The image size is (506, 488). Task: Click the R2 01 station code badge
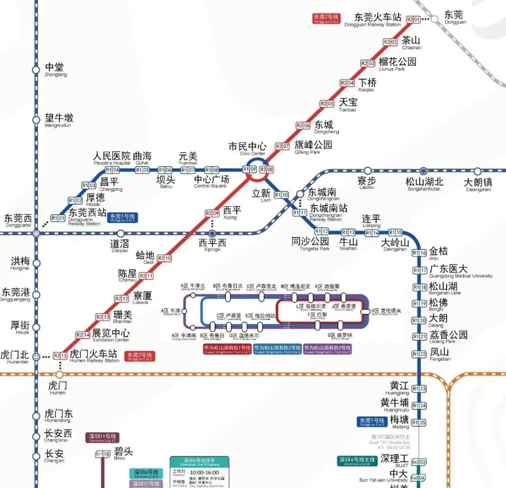413,19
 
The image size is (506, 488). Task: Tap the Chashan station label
411,43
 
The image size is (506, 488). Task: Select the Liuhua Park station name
397,64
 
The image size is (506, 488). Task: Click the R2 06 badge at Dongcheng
303,125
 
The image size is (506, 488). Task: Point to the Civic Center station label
247,149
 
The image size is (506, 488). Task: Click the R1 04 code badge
112,170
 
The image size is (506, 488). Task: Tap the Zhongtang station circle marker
36,70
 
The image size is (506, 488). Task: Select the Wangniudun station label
59,121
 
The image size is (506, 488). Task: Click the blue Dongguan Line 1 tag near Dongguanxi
122,217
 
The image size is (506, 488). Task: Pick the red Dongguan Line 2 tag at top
326,19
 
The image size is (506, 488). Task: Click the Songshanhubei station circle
424,171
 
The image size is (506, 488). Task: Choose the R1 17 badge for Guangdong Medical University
419,270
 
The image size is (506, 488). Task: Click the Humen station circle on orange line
59,374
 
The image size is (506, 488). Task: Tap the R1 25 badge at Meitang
419,423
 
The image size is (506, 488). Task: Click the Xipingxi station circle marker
212,233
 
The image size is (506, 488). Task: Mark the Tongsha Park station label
310,244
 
